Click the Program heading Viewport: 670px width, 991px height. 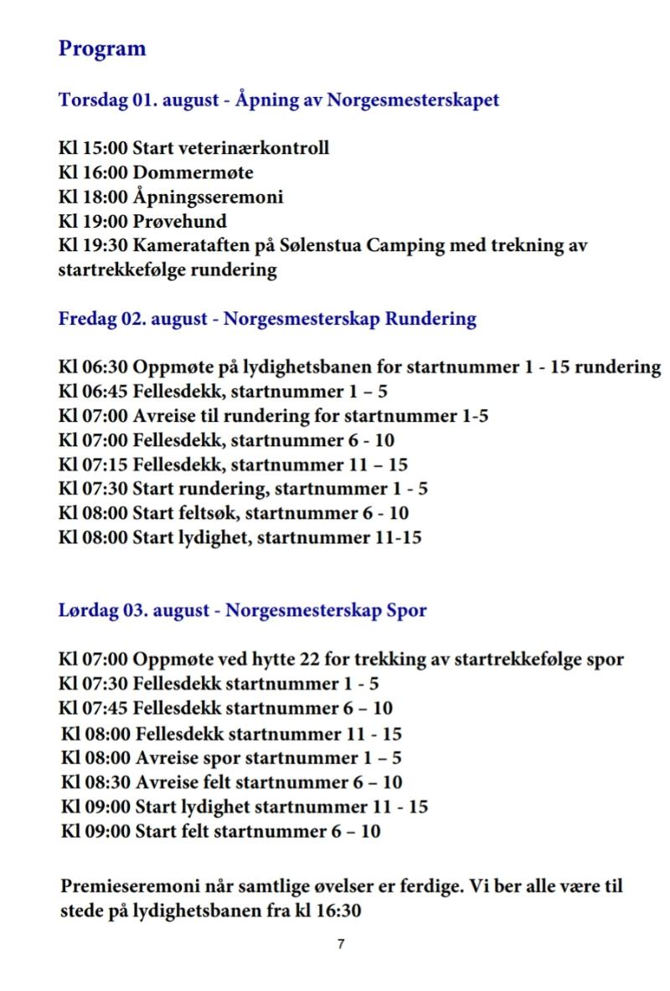pos(102,49)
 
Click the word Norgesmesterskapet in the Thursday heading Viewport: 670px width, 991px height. pos(413,100)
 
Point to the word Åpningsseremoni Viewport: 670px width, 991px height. pos(208,198)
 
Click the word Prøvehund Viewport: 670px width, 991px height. pos(180,223)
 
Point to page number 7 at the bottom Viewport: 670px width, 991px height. pos(341,944)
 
